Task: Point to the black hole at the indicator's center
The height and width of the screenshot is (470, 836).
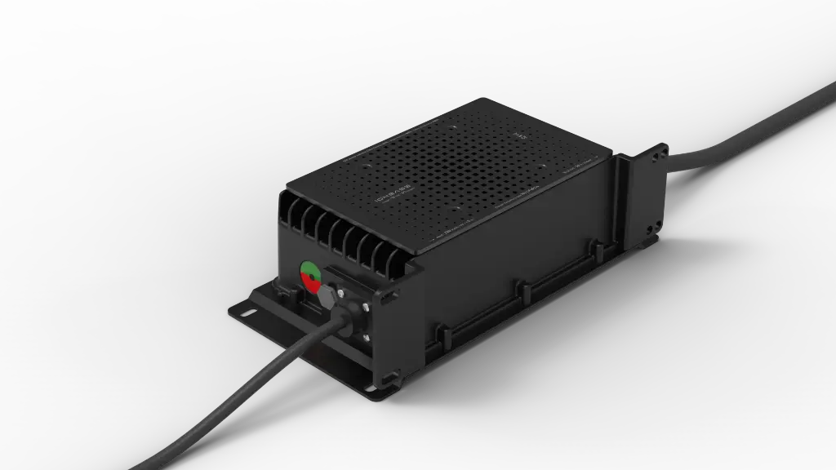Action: click(311, 276)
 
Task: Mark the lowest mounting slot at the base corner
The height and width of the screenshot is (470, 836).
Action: click(389, 379)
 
